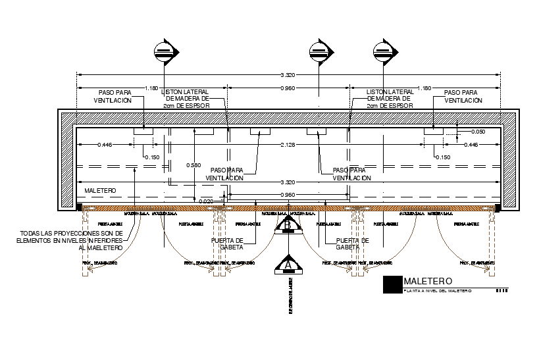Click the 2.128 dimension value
tap(289, 144)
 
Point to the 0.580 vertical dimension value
tap(193, 165)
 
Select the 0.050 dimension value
tap(478, 132)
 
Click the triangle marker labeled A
tap(288, 264)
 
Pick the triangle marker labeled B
tap(288, 226)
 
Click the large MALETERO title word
tap(428, 282)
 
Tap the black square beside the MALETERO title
tap(393, 284)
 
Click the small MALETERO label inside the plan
tap(100, 191)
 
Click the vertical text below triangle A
tap(290, 296)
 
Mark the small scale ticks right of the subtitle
tap(501, 291)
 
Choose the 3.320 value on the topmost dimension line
tap(289, 76)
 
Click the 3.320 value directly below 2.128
tap(289, 182)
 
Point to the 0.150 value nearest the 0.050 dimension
tap(442, 157)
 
